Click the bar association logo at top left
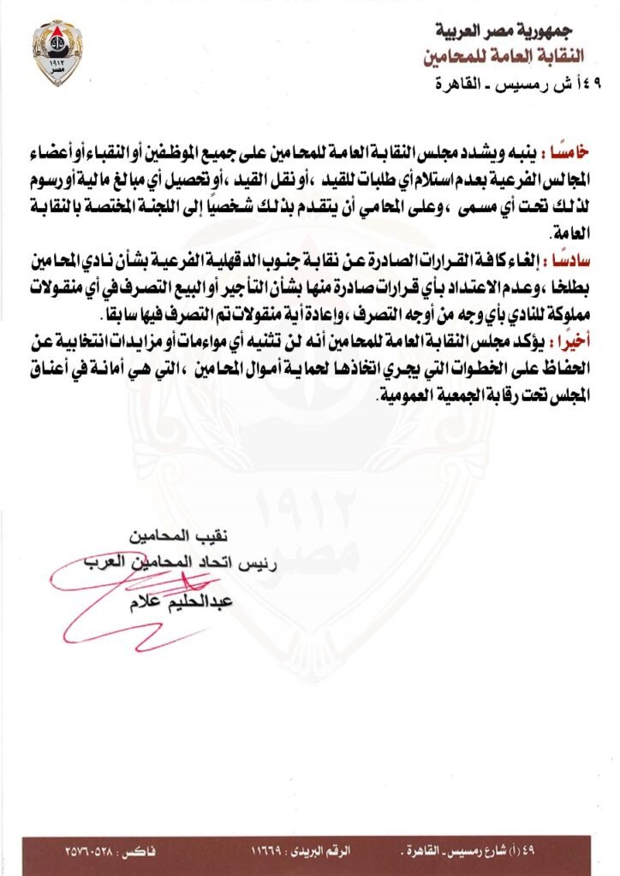[57, 52]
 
